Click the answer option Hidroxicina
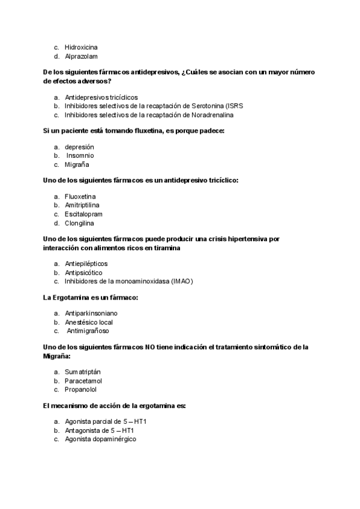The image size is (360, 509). (x=81, y=47)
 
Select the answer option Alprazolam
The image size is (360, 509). (x=81, y=56)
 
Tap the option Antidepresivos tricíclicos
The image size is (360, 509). (x=101, y=97)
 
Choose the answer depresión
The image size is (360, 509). (x=79, y=146)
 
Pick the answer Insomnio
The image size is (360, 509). (x=80, y=155)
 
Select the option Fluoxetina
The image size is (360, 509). (x=80, y=196)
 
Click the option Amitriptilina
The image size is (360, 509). (x=82, y=205)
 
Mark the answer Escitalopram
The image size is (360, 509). (x=83, y=214)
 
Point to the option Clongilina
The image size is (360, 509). (x=80, y=223)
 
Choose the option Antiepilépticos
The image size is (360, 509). (x=86, y=263)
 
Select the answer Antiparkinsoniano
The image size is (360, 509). (x=91, y=313)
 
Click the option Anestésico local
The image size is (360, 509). (x=88, y=322)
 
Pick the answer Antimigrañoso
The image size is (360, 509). (x=88, y=331)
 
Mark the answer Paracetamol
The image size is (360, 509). (x=83, y=381)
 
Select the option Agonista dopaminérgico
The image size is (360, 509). (x=100, y=439)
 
